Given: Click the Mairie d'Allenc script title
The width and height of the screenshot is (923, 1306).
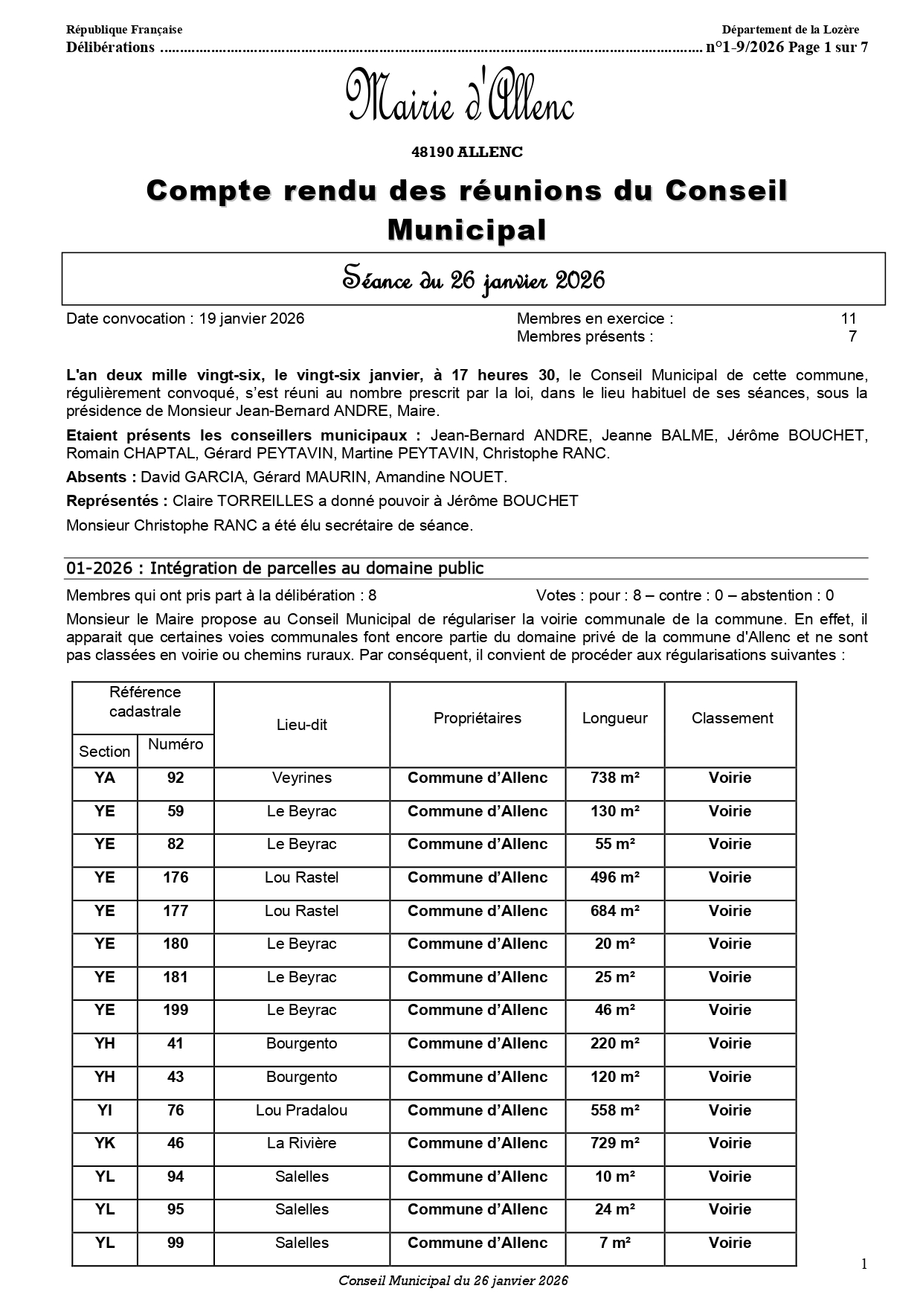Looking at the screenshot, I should pos(460,97).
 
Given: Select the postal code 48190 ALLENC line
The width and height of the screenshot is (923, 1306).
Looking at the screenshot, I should pos(467,152).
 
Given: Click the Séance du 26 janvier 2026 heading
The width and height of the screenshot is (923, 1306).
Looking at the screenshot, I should pos(473,280).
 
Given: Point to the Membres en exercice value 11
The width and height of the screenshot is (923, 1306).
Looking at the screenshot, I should pos(849,319).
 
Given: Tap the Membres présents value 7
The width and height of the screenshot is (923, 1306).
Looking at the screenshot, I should pos(852,336).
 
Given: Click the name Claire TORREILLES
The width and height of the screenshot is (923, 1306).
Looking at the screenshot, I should pos(233,501).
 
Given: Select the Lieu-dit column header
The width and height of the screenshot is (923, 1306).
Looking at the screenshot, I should pos(301,725).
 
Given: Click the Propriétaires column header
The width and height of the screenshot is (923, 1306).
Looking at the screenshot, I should pos(477,718).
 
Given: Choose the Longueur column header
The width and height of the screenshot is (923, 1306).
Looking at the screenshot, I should pos(614,718).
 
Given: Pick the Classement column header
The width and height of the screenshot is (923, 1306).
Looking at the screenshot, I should pos(732,718).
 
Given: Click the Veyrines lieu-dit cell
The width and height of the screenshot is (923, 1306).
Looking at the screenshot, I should pos(301,778).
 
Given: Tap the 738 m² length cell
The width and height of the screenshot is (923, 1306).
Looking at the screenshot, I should pos(614,778).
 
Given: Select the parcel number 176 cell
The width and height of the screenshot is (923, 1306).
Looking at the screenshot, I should pos(176,877).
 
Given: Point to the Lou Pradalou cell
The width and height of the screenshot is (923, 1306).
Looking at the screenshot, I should pos(301,1110).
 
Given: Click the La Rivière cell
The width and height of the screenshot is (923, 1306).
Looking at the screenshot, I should pos(301,1143).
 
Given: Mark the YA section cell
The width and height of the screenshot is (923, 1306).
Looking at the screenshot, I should pos(105,778).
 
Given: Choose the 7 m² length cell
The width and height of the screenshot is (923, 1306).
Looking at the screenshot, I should pos(614,1243).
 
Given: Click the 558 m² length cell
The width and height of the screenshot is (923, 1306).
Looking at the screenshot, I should pos(614,1110).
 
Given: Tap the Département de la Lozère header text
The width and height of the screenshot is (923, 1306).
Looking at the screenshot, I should pos(790,30).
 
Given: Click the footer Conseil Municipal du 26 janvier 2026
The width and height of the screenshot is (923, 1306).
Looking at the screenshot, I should pos(453,1281).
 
